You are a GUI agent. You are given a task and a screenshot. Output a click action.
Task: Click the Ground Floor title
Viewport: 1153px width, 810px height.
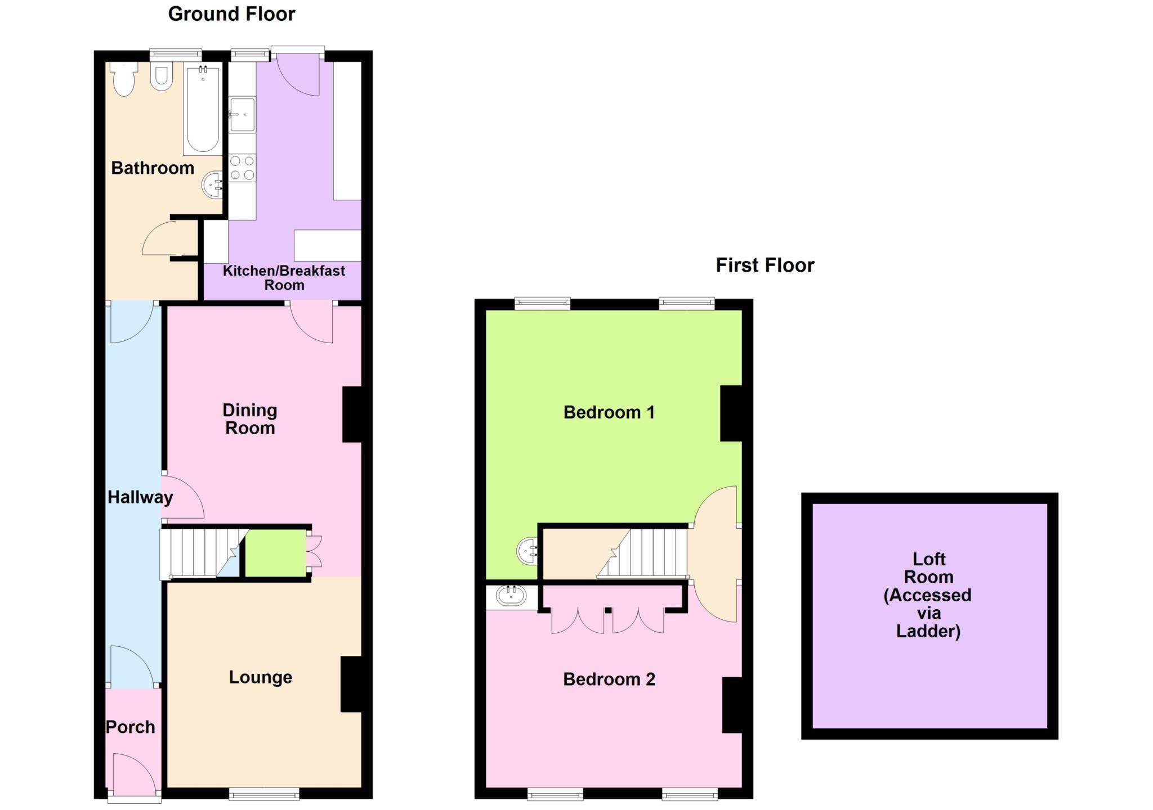click(231, 14)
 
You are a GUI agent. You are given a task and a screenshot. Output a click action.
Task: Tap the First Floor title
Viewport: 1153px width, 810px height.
click(765, 265)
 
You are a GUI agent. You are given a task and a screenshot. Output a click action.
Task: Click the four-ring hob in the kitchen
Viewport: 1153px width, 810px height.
click(242, 168)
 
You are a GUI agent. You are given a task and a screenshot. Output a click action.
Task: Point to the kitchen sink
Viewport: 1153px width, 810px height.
click(242, 114)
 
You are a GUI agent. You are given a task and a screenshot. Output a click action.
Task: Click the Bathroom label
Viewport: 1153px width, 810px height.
click(153, 168)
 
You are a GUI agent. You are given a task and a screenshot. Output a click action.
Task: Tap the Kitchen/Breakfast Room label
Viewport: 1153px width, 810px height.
click(284, 277)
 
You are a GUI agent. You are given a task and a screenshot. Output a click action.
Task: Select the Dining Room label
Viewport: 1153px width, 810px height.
click(250, 419)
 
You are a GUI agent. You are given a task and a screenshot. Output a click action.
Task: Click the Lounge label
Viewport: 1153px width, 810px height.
click(260, 677)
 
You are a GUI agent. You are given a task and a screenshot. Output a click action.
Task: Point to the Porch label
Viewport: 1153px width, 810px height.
click(131, 727)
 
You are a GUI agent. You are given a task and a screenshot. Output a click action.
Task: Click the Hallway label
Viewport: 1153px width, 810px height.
click(140, 497)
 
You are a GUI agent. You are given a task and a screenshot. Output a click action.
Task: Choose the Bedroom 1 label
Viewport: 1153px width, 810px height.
click(609, 412)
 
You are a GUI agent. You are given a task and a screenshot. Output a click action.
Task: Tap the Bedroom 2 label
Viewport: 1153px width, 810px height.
click(609, 679)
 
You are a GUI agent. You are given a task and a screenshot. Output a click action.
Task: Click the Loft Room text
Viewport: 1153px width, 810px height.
click(928, 595)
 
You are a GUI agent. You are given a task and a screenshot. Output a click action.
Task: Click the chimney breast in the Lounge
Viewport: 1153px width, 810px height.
click(351, 684)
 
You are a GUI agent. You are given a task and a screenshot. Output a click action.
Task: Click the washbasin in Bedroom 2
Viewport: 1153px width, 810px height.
click(511, 596)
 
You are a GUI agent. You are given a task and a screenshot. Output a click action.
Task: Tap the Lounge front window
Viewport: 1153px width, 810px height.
click(264, 794)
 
